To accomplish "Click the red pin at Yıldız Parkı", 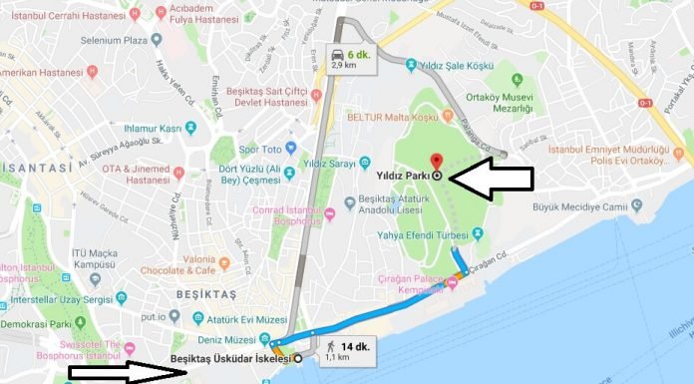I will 435,162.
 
